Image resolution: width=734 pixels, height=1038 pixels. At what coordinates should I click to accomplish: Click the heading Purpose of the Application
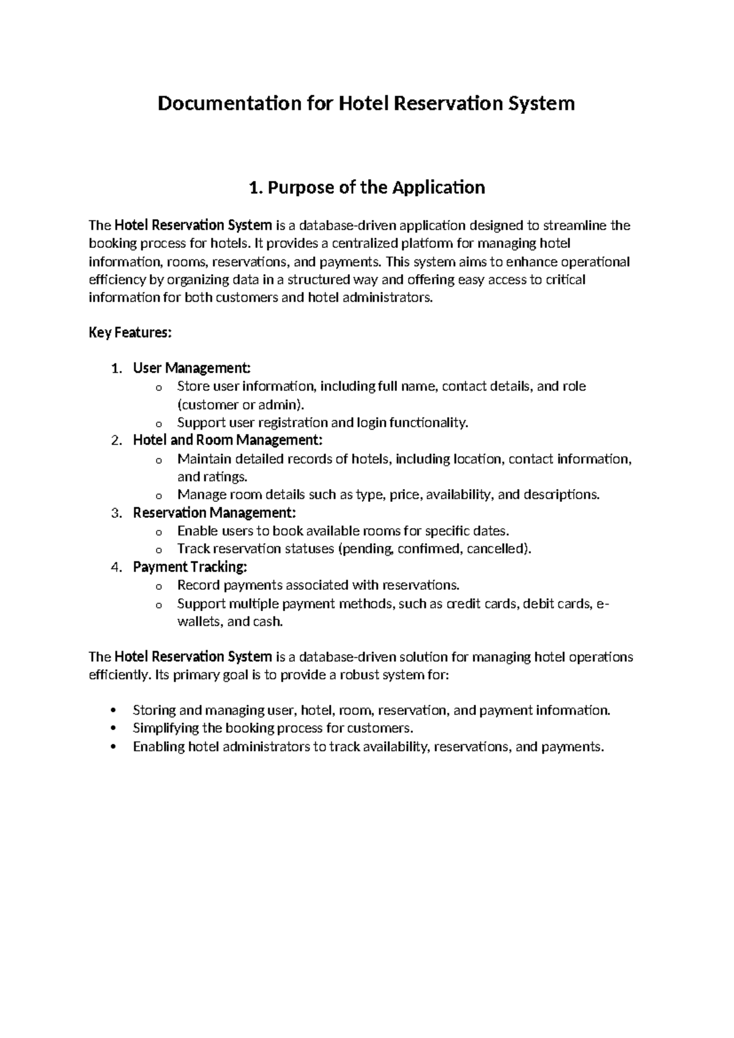click(367, 187)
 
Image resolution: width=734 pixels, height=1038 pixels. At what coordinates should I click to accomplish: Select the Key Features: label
click(130, 333)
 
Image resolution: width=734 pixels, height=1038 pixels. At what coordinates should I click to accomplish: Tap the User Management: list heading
click(192, 368)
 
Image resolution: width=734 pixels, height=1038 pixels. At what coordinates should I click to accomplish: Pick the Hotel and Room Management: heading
click(228, 440)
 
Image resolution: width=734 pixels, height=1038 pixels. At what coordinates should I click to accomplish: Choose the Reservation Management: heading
click(215, 512)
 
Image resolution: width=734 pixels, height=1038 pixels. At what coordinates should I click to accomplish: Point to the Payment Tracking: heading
click(190, 567)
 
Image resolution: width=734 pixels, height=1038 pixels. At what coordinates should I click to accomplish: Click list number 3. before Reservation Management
click(117, 512)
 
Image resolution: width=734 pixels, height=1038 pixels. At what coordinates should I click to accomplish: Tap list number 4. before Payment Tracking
click(117, 567)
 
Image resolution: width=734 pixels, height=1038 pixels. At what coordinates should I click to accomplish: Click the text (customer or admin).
click(240, 405)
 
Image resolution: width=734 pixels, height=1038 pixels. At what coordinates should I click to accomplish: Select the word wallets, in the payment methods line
click(200, 622)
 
